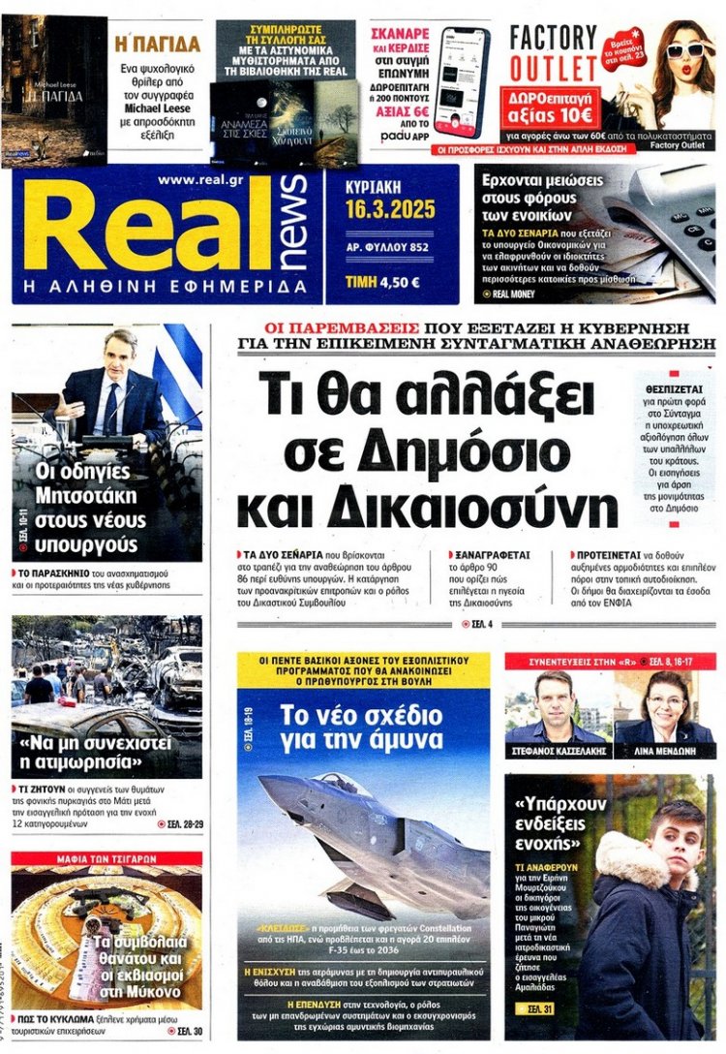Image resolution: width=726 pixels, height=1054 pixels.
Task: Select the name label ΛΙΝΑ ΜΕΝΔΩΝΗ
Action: coord(665,751)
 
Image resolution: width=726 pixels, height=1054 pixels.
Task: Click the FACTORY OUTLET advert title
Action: coord(555,53)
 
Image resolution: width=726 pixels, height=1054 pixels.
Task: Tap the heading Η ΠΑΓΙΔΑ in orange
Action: coord(158,44)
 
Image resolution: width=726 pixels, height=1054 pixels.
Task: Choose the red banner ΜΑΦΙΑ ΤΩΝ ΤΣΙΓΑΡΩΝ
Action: coord(106,858)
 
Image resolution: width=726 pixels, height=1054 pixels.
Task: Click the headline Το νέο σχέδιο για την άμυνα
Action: coord(363,731)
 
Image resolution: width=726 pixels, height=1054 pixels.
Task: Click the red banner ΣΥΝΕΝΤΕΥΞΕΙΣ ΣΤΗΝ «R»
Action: coord(610,662)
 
